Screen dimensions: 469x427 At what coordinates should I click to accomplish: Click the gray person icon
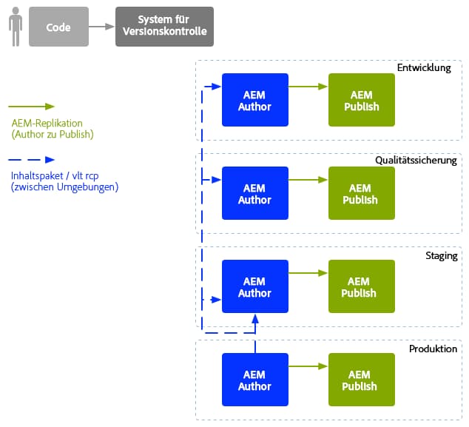[16, 27]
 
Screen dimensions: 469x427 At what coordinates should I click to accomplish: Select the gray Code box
[58, 27]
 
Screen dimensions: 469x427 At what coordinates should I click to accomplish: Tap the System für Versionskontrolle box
[164, 27]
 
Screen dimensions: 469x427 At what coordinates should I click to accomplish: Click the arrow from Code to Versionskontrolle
[101, 27]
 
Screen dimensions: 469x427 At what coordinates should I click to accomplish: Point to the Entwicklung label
[424, 68]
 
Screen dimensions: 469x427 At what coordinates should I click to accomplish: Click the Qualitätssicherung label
[416, 161]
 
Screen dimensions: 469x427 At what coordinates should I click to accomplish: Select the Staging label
[442, 256]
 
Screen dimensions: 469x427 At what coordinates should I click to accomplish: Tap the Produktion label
[433, 349]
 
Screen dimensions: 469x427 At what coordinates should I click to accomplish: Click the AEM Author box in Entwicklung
[255, 100]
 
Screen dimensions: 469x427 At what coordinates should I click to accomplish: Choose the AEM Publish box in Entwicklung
[362, 100]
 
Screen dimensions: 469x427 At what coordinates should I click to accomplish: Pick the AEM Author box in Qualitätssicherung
[255, 193]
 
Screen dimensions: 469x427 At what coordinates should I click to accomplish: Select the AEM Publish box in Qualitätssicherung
[362, 193]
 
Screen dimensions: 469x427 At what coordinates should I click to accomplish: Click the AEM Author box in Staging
[255, 286]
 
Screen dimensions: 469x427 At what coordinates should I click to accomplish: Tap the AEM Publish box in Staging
[362, 286]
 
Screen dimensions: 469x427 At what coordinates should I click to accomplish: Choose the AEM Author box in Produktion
[255, 380]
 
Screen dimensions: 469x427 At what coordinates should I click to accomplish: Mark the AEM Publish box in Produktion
[362, 380]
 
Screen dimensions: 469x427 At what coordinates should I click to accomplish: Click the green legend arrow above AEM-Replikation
[31, 107]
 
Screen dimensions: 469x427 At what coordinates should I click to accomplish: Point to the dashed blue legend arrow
[31, 160]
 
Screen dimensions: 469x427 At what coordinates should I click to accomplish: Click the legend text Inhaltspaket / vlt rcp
[55, 176]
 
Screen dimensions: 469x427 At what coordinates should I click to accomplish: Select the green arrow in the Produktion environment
[308, 366]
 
